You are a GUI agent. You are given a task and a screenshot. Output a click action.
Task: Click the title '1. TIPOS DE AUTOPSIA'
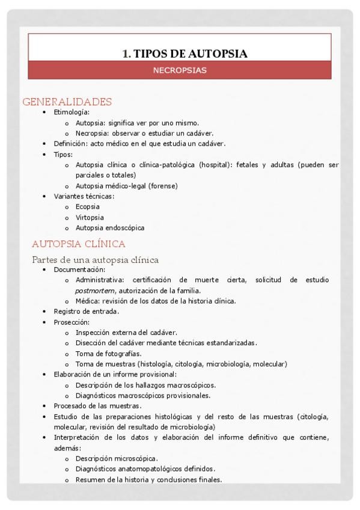pos(185,54)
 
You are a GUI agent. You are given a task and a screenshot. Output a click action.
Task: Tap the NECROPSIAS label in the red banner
pos(180,70)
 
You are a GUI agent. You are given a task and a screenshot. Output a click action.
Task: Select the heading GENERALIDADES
pos(67,102)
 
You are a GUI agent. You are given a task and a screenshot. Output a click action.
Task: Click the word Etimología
pos(71,112)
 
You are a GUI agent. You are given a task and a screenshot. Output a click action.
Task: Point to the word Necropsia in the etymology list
pos(92,133)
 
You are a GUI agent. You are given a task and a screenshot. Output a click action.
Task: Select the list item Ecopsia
pos(88,207)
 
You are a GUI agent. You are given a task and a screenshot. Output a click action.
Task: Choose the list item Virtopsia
pos(90,217)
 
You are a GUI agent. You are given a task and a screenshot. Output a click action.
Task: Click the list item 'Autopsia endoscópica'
pos(110,228)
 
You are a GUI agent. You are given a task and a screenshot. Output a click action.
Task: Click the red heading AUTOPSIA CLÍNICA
pos(78,244)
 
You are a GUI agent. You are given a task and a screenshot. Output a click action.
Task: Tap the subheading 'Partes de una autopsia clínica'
pos(95,260)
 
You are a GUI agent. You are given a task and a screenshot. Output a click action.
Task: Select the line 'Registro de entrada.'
pos(87,312)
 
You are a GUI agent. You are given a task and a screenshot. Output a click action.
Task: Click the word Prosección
pos(71,322)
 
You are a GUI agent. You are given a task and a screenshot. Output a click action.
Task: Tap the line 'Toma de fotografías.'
pos(109,354)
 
